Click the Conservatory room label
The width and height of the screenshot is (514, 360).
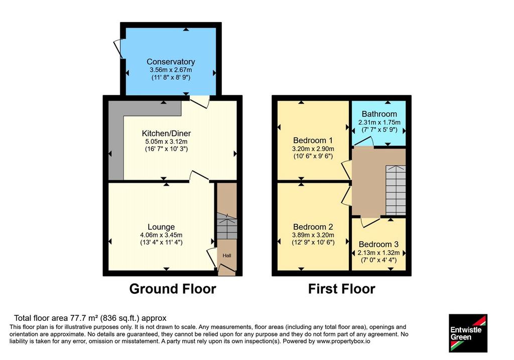(171, 62)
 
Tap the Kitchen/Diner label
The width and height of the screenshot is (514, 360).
(166, 134)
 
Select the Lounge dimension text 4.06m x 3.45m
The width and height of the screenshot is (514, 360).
(161, 235)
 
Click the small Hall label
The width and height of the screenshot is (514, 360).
(227, 256)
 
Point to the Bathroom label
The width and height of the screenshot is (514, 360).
(379, 114)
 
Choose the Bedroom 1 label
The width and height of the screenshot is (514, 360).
(313, 141)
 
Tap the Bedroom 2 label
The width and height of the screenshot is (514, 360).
(313, 227)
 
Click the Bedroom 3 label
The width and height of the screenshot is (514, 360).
(378, 244)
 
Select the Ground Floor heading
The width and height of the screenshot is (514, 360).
(173, 289)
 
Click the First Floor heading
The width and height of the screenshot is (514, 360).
(341, 289)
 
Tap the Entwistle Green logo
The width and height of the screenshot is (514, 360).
(468, 333)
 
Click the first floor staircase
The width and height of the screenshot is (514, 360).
(396, 190)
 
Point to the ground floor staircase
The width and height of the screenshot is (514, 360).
(227, 226)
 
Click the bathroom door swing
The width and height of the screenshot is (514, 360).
(364, 141)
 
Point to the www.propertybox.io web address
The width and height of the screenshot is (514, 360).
(343, 341)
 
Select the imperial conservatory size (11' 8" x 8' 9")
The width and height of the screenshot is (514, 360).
(171, 78)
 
